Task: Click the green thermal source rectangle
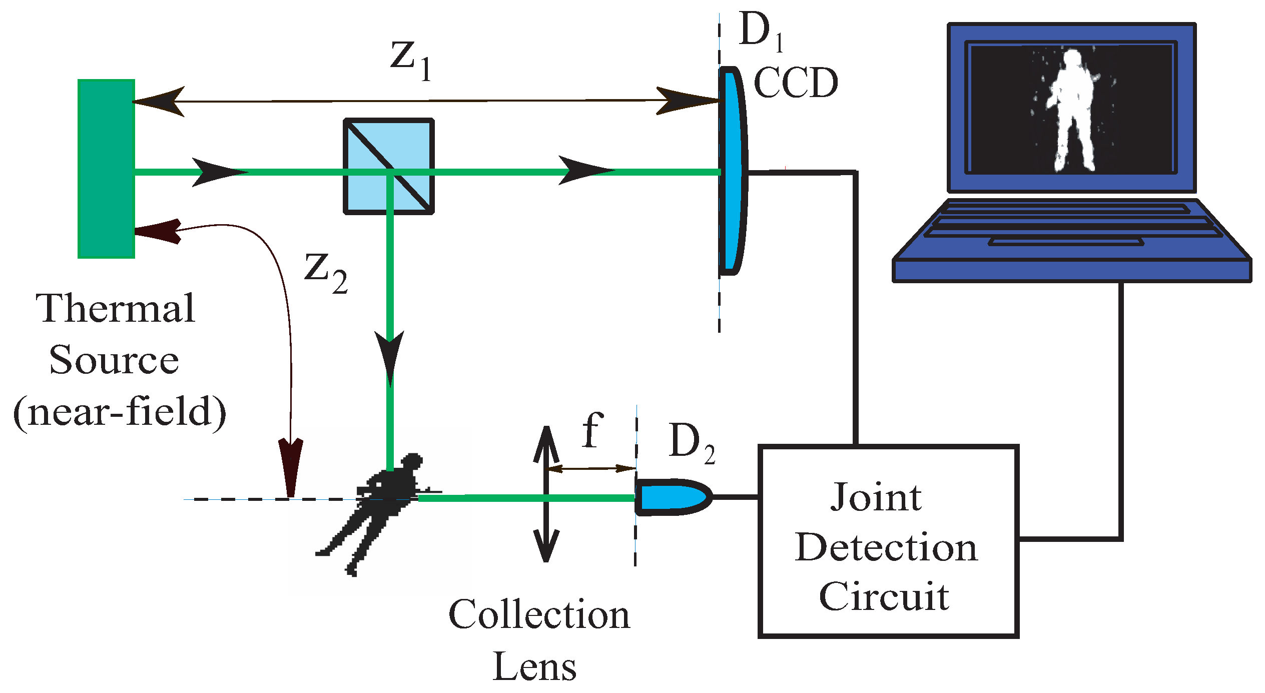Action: (106, 169)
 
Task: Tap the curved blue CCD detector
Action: (732, 170)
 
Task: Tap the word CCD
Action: (796, 83)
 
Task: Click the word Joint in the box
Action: (876, 498)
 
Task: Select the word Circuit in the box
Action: (884, 596)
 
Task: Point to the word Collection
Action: (539, 614)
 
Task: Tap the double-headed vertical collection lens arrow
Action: (546, 494)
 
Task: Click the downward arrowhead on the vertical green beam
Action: (390, 355)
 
